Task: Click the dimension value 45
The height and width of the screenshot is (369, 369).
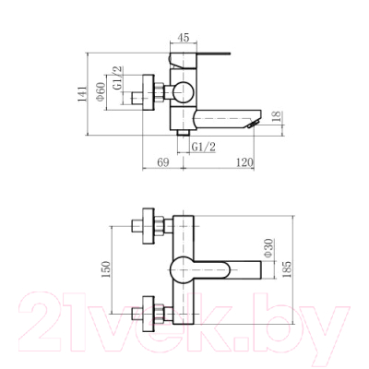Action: [x=184, y=38]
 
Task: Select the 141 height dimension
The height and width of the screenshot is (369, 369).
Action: [x=82, y=94]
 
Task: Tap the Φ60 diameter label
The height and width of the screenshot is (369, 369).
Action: [x=101, y=92]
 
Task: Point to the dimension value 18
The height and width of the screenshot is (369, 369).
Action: [x=277, y=116]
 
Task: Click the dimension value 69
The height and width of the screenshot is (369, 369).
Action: [x=163, y=162]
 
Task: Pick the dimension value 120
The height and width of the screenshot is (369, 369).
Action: [x=244, y=162]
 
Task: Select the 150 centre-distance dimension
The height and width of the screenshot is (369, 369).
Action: [x=105, y=269]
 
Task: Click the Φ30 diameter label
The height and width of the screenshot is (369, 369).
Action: [x=268, y=248]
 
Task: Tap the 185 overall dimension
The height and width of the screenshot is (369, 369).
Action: [x=286, y=269]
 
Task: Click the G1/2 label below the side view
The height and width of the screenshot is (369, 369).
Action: [x=204, y=147]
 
